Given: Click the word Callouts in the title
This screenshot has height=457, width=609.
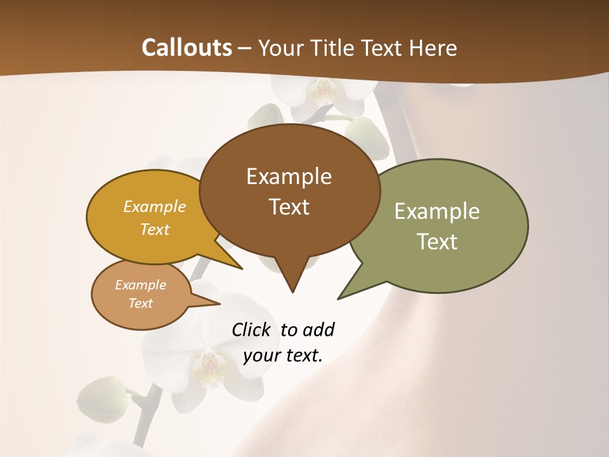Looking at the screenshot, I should [x=187, y=48].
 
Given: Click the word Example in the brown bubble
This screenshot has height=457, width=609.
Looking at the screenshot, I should [x=289, y=176].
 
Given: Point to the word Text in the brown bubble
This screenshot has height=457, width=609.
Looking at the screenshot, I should [x=289, y=207].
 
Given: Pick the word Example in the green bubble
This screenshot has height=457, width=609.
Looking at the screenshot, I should [x=437, y=211].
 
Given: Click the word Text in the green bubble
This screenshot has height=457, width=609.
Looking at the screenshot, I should [x=437, y=242].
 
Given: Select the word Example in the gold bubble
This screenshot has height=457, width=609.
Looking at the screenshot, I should [x=155, y=207].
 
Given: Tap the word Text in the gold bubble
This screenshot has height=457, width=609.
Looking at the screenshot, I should [x=155, y=230].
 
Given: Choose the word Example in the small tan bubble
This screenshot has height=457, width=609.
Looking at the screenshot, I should [x=140, y=285].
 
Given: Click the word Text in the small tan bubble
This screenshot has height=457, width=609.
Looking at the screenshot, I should [x=140, y=303].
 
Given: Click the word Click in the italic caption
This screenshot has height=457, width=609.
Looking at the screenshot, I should [x=251, y=330].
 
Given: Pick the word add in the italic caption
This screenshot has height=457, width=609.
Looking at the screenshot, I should [x=318, y=330].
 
